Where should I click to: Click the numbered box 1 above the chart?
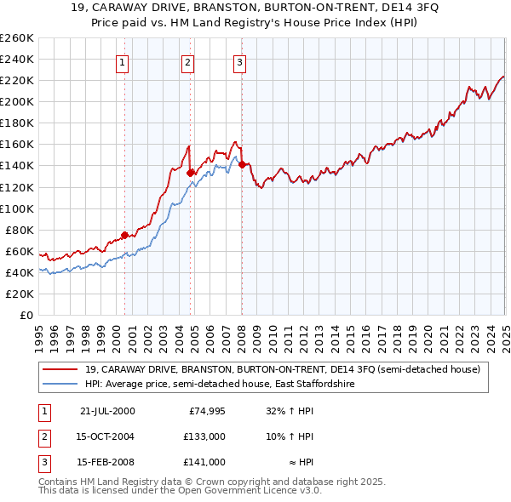[122, 61]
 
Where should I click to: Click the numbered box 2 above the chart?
[187, 61]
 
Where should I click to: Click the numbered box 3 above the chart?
[239, 61]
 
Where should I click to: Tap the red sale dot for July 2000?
[124, 235]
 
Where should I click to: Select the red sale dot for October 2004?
[191, 173]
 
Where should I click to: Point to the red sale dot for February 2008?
[243, 164]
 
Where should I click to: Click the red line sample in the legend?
[59, 370]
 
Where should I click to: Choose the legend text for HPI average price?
[220, 385]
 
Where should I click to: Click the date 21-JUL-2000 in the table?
[107, 411]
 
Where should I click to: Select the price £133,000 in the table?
[204, 436]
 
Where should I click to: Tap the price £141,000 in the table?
[204, 462]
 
